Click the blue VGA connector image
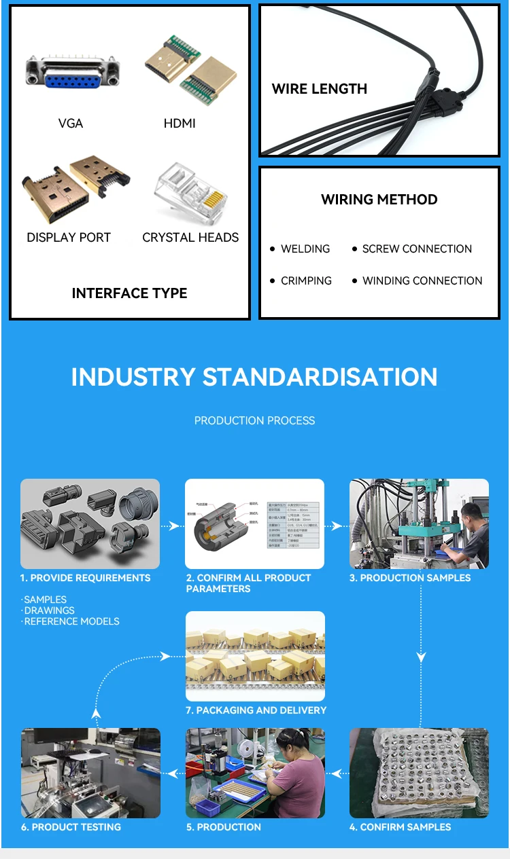[x=72, y=73]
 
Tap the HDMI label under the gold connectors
[x=180, y=123]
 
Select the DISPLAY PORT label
[x=69, y=237]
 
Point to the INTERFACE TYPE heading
[x=129, y=293]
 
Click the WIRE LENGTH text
[x=319, y=89]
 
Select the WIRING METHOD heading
[x=379, y=200]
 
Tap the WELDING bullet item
[x=305, y=249]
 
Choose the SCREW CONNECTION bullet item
[x=416, y=249]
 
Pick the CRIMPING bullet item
[x=306, y=281]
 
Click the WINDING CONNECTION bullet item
[x=422, y=281]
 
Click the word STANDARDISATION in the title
[x=320, y=377]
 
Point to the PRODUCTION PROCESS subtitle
[x=254, y=420]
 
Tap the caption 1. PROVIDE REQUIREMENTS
[x=85, y=578]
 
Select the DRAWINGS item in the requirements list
[x=50, y=610]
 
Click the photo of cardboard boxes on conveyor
[x=255, y=656]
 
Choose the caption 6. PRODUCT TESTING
[x=71, y=827]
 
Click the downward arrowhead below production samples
[x=422, y=657]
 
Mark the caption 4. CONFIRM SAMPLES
[x=400, y=827]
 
